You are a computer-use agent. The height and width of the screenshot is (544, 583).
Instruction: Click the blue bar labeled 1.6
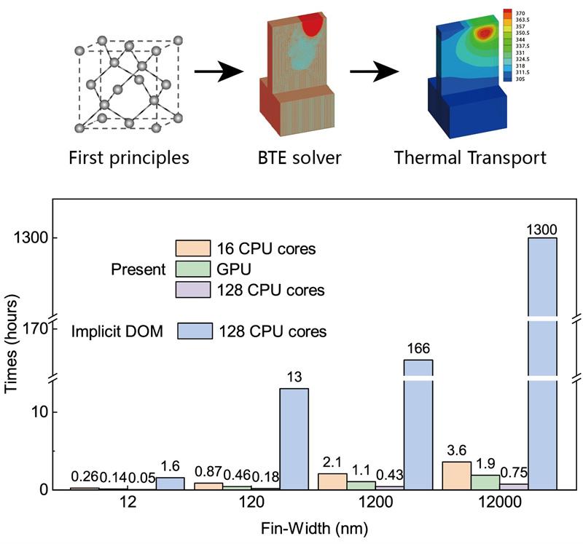coord(170,483)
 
